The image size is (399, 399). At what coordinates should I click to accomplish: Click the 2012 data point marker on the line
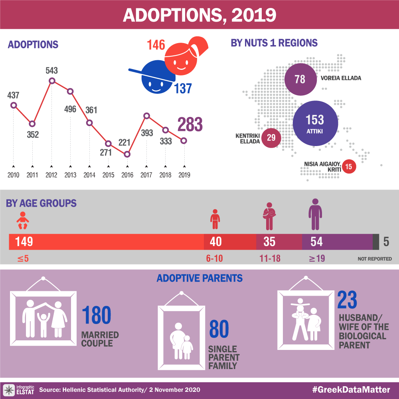pos(51,81)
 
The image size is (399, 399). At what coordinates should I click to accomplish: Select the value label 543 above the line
pos(51,71)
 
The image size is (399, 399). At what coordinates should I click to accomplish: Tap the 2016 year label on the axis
pos(127,175)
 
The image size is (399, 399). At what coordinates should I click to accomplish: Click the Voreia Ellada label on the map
pos(341,78)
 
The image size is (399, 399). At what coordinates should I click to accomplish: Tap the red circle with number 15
pos(349,166)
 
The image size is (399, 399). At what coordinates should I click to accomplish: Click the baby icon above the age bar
pos(22,221)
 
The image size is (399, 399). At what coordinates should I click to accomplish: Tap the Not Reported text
pos(375,259)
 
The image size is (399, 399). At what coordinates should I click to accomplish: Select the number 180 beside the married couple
pos(97,316)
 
